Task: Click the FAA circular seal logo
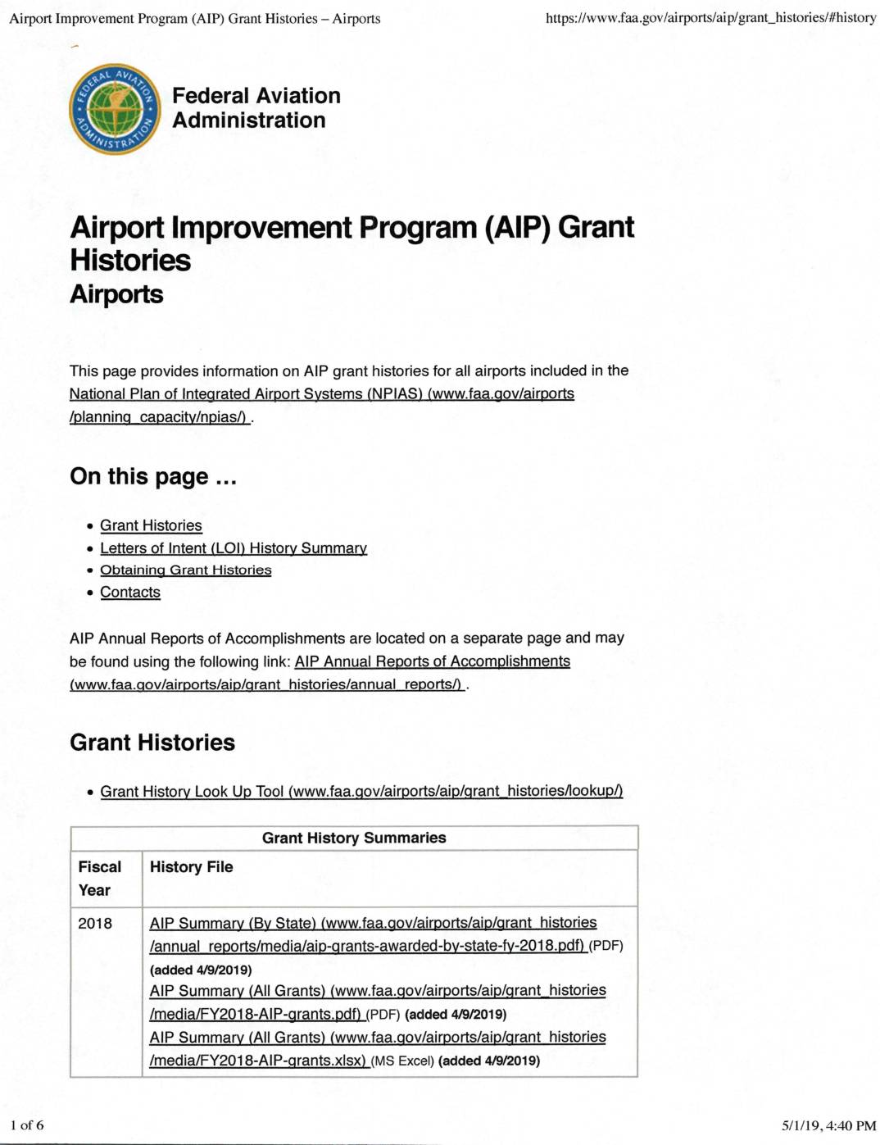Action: pyautogui.click(x=115, y=109)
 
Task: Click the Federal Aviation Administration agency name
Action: pyautogui.click(x=256, y=108)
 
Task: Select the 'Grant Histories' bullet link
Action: pyautogui.click(x=151, y=525)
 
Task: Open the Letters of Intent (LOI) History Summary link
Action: pyautogui.click(x=234, y=548)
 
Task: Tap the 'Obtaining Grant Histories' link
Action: pyautogui.click(x=185, y=570)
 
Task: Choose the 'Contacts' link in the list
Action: pyautogui.click(x=130, y=592)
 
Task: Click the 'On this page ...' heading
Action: pyautogui.click(x=153, y=476)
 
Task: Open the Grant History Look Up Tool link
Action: pyautogui.click(x=361, y=791)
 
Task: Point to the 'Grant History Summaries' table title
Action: pyautogui.click(x=354, y=838)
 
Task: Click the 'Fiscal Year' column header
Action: pyautogui.click(x=99, y=878)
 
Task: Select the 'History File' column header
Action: pyautogui.click(x=191, y=867)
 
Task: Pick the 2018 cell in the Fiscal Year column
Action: pyautogui.click(x=95, y=923)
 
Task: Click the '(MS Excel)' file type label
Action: pyautogui.click(x=402, y=1061)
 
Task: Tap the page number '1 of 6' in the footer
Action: pyautogui.click(x=27, y=1125)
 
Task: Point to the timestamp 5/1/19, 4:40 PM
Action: pyautogui.click(x=828, y=1125)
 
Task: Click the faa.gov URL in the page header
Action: pyautogui.click(x=710, y=17)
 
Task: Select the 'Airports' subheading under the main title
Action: pyautogui.click(x=116, y=294)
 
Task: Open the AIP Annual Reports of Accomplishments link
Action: pyautogui.click(x=432, y=661)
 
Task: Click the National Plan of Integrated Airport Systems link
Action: pyautogui.click(x=321, y=394)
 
